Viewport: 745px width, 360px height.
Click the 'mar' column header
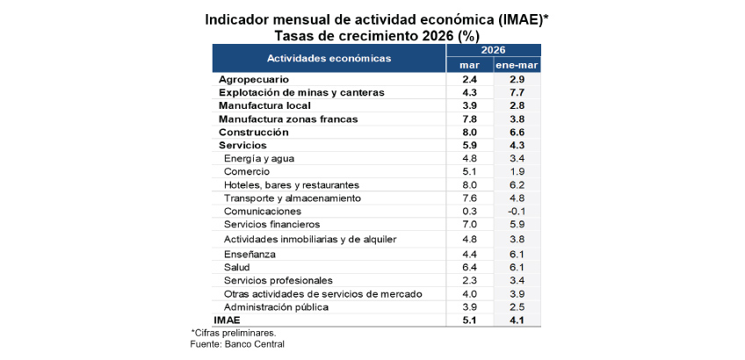[468, 65]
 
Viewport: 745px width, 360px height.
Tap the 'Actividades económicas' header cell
[329, 58]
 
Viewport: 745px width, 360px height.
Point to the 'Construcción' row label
[253, 132]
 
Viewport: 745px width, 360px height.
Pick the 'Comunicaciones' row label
[262, 212]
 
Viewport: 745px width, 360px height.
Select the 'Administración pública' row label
[276, 306]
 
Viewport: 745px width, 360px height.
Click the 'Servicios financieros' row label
[271, 225]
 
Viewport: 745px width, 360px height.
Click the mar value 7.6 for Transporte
[468, 198]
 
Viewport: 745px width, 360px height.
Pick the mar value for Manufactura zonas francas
[468, 119]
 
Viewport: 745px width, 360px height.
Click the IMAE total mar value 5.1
[468, 320]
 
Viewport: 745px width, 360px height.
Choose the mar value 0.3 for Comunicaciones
[468, 212]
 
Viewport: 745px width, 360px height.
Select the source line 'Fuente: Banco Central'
[237, 343]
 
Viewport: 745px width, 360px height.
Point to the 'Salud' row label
[237, 267]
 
